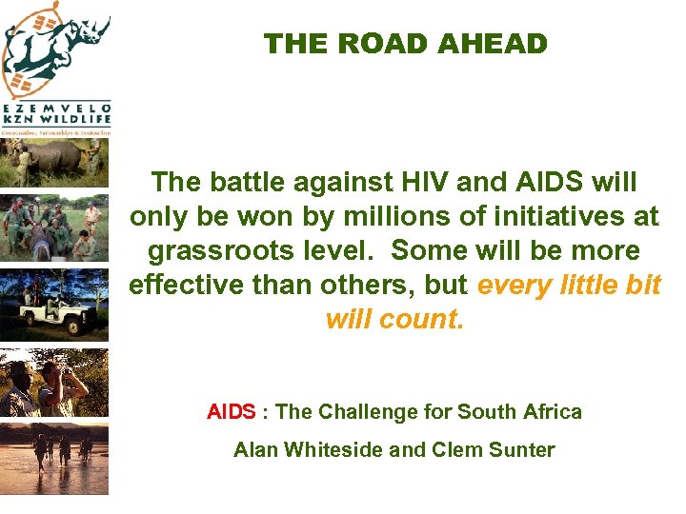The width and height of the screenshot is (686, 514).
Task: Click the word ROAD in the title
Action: pos(380,44)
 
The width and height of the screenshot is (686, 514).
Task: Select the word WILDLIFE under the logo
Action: pos(79,121)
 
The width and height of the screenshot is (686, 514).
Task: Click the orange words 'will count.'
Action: pos(393,319)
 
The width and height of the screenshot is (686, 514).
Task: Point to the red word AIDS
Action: pos(231,412)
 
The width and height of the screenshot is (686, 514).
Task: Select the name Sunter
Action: pos(523,450)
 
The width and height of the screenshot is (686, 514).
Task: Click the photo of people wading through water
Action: pos(54,454)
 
